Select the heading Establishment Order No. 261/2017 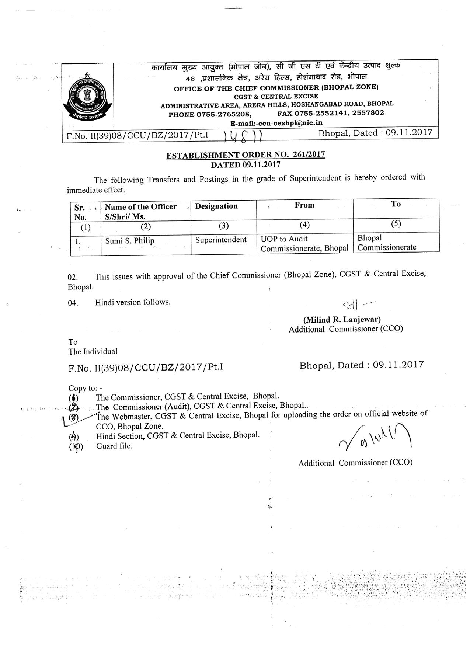pyautogui.click(x=246, y=155)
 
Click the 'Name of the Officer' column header pyautogui.click(x=140, y=207)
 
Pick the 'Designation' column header pyautogui.click(x=216, y=206)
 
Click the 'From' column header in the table pyautogui.click(x=304, y=205)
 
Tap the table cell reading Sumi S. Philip pyautogui.click(x=130, y=241)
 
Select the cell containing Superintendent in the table pyautogui.click(x=221, y=240)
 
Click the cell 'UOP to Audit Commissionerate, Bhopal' pyautogui.click(x=304, y=244)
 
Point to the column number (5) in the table pyautogui.click(x=396, y=224)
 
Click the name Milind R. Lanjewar pyautogui.click(x=342, y=319)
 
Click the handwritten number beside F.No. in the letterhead pyautogui.click(x=243, y=136)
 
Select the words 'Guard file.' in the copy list pyautogui.click(x=114, y=446)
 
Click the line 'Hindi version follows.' pyautogui.click(x=133, y=302)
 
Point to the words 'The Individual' pyautogui.click(x=93, y=351)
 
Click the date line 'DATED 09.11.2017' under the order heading pyautogui.click(x=246, y=164)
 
